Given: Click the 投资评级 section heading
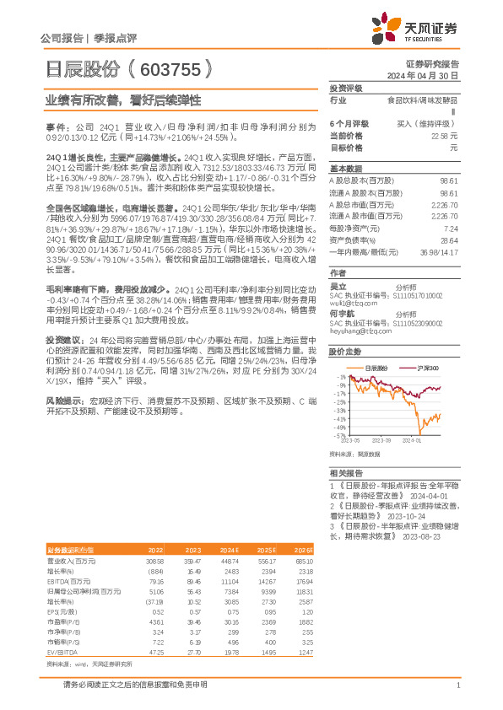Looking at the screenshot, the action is [345, 88].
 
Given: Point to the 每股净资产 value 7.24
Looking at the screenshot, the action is [450, 229].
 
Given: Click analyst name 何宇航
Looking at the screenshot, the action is [339, 312].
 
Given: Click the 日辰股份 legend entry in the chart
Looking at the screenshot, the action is [376, 368].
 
